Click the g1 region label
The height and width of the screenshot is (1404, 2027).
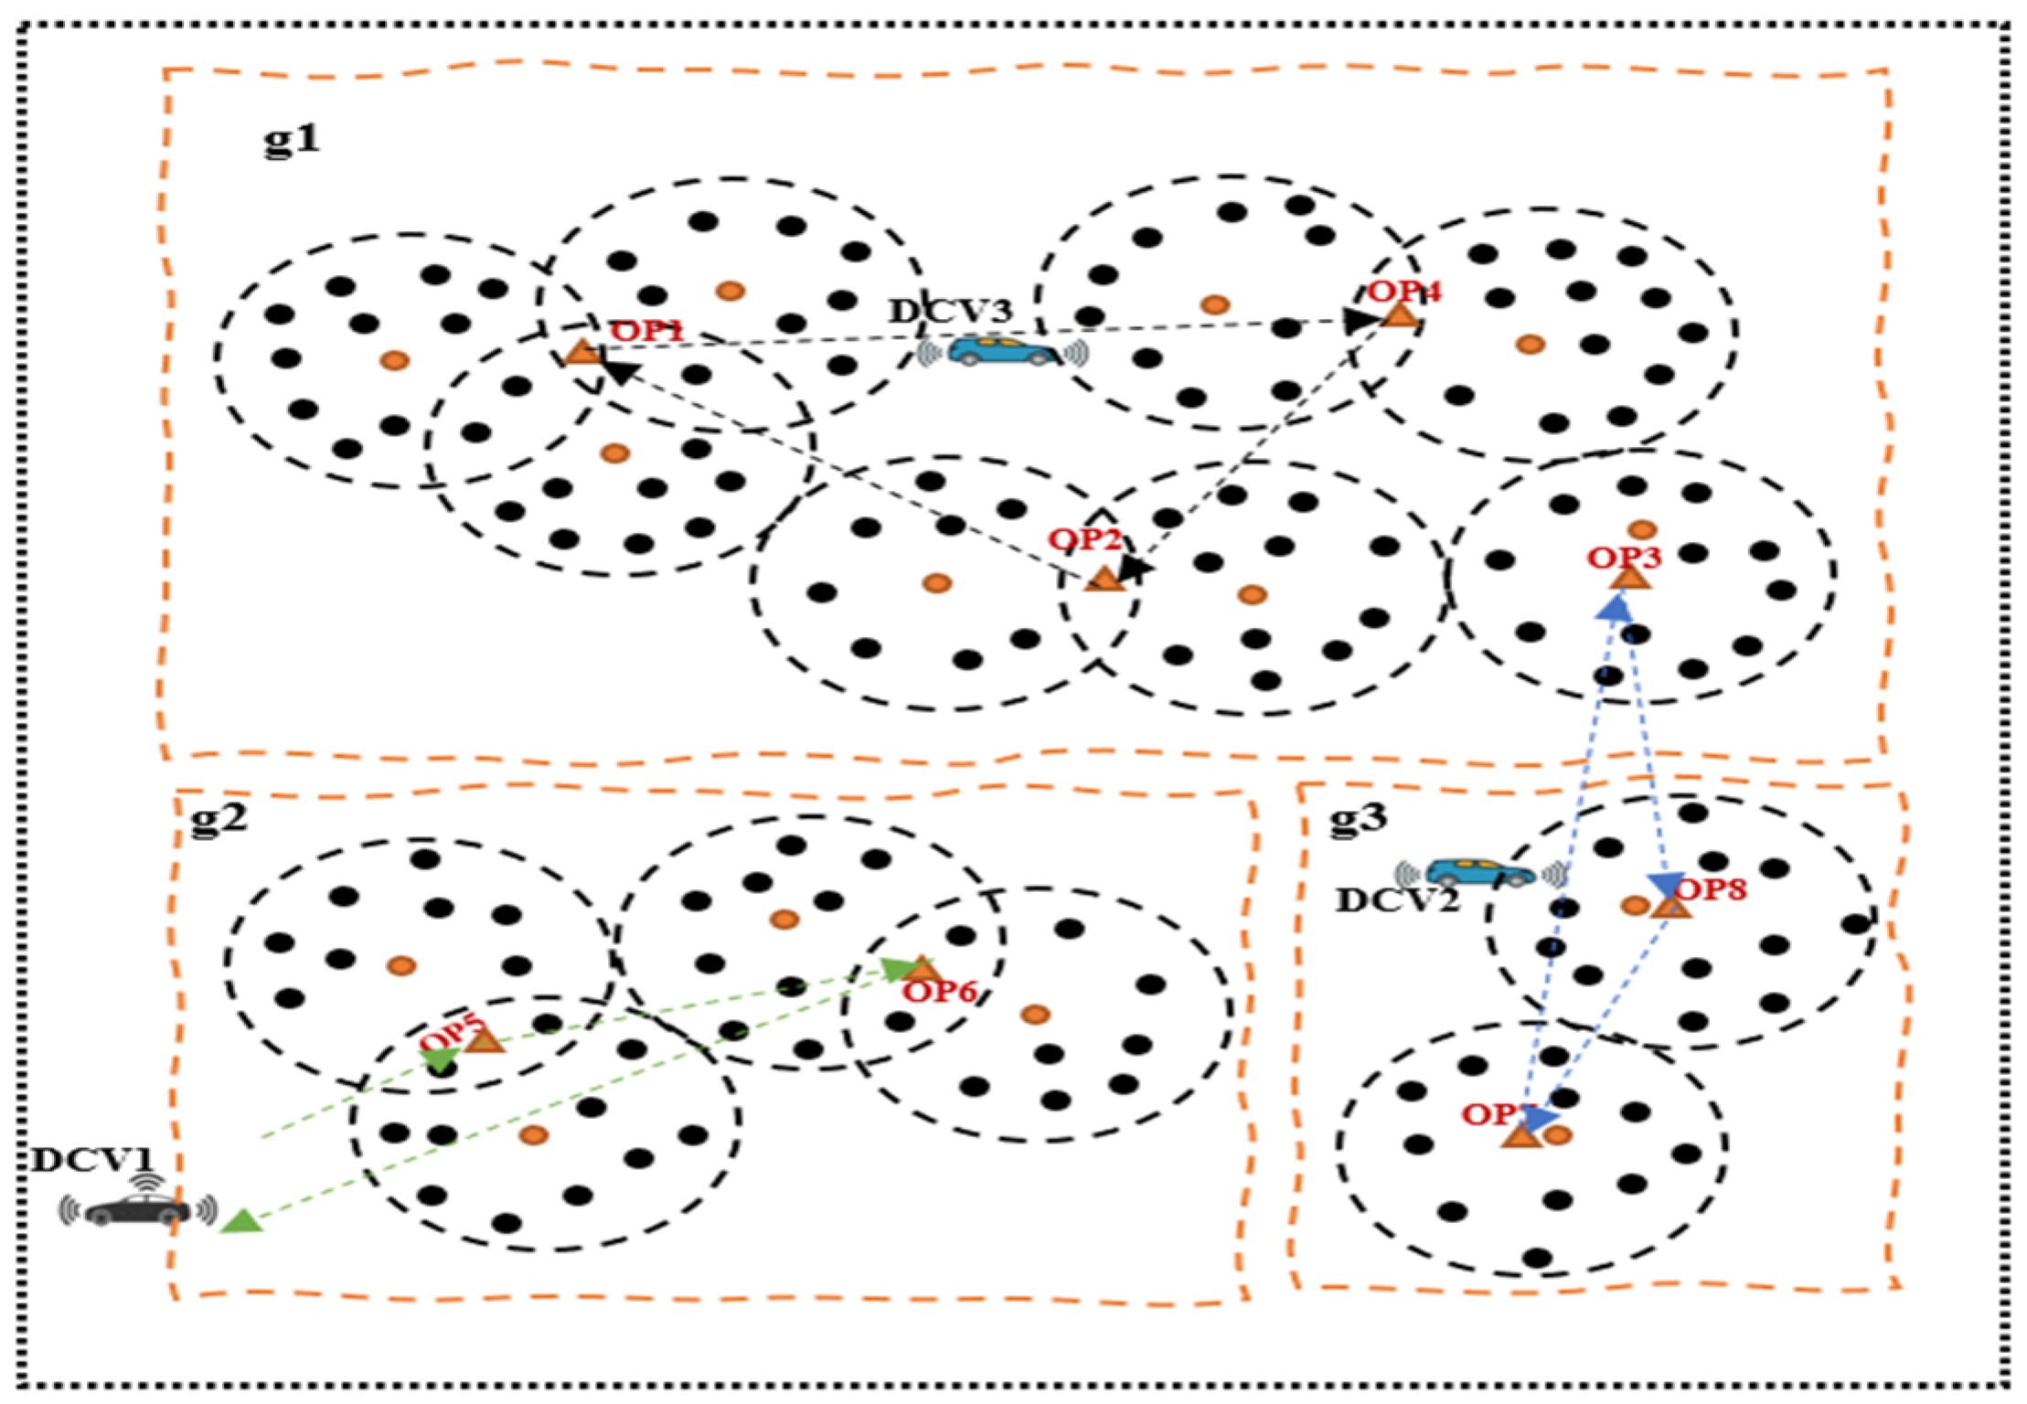293,140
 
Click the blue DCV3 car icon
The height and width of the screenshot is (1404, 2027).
1003,351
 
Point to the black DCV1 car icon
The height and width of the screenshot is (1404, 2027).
138,1209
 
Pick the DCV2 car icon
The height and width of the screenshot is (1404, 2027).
1479,873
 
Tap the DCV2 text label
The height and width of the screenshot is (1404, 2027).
1397,901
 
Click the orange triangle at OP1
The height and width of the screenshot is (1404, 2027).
581,352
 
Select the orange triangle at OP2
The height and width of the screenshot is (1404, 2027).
1104,580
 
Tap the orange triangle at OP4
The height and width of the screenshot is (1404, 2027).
1400,316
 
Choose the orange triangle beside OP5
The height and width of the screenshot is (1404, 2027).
485,1040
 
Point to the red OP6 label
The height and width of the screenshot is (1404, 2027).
939,992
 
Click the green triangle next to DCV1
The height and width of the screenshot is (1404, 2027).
242,1221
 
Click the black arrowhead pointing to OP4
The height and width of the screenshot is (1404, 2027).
1360,320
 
